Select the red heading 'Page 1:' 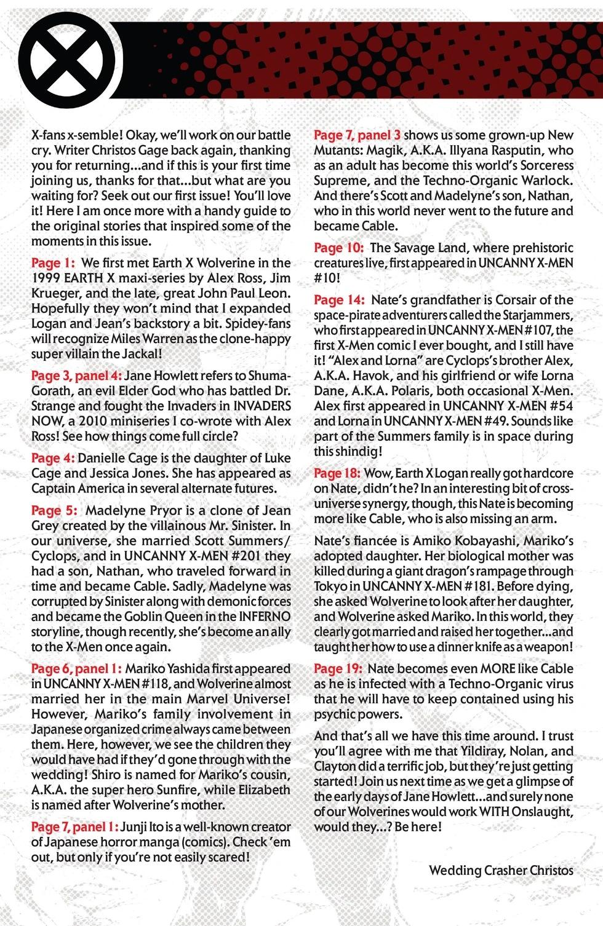pos(52,263)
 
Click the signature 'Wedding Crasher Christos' pos(501,871)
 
